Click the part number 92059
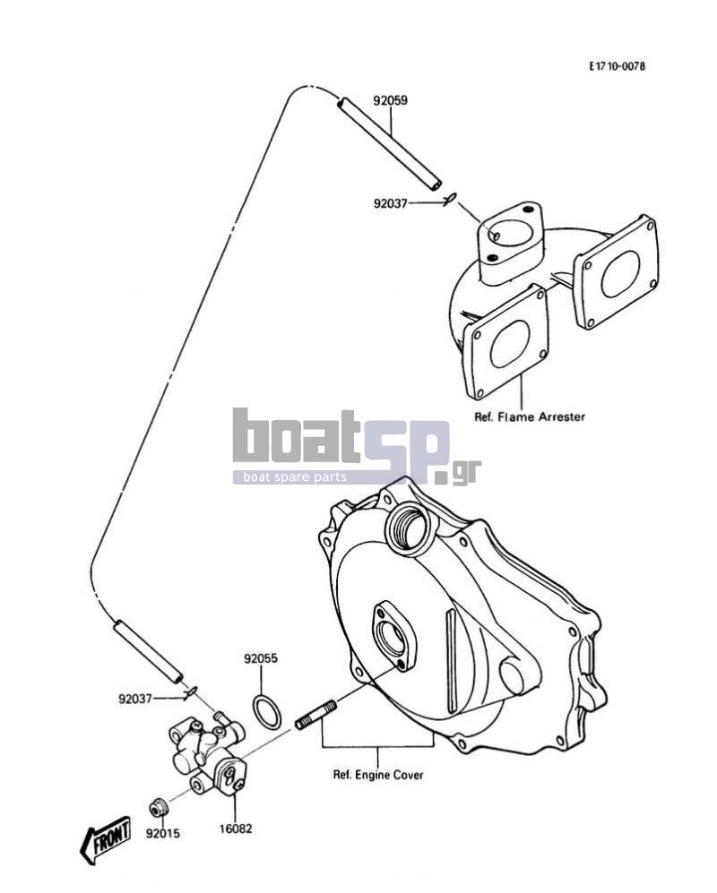(x=391, y=101)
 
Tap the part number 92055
(x=261, y=658)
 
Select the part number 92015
(x=162, y=833)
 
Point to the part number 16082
(x=236, y=829)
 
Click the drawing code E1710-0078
(x=618, y=66)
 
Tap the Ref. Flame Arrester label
(x=530, y=416)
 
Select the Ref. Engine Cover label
(x=378, y=775)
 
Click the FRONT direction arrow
(x=106, y=838)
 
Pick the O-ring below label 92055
(x=266, y=711)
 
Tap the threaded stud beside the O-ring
(x=315, y=716)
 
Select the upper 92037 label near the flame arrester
(x=391, y=203)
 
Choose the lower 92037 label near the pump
(x=135, y=699)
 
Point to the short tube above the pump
(x=148, y=651)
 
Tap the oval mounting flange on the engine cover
(x=394, y=635)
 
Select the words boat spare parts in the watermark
(x=295, y=477)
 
